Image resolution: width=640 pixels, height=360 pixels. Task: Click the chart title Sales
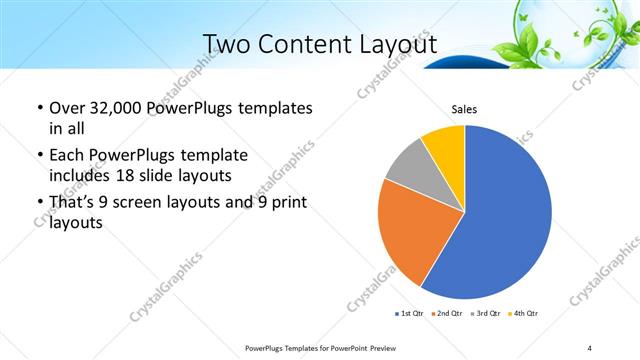point(464,109)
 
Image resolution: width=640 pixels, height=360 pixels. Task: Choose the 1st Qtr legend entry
point(412,313)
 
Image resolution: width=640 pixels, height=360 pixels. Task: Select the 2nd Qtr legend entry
point(448,313)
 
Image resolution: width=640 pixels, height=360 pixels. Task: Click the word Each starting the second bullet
point(66,156)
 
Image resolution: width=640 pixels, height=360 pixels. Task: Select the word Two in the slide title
point(225,44)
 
